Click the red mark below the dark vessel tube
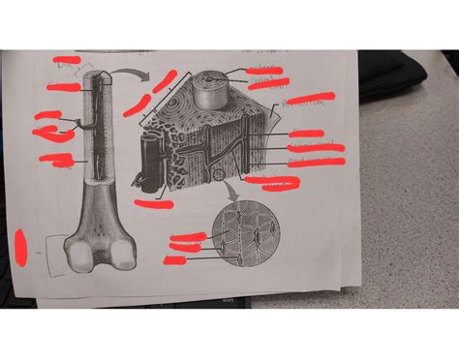tap(152, 203)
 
